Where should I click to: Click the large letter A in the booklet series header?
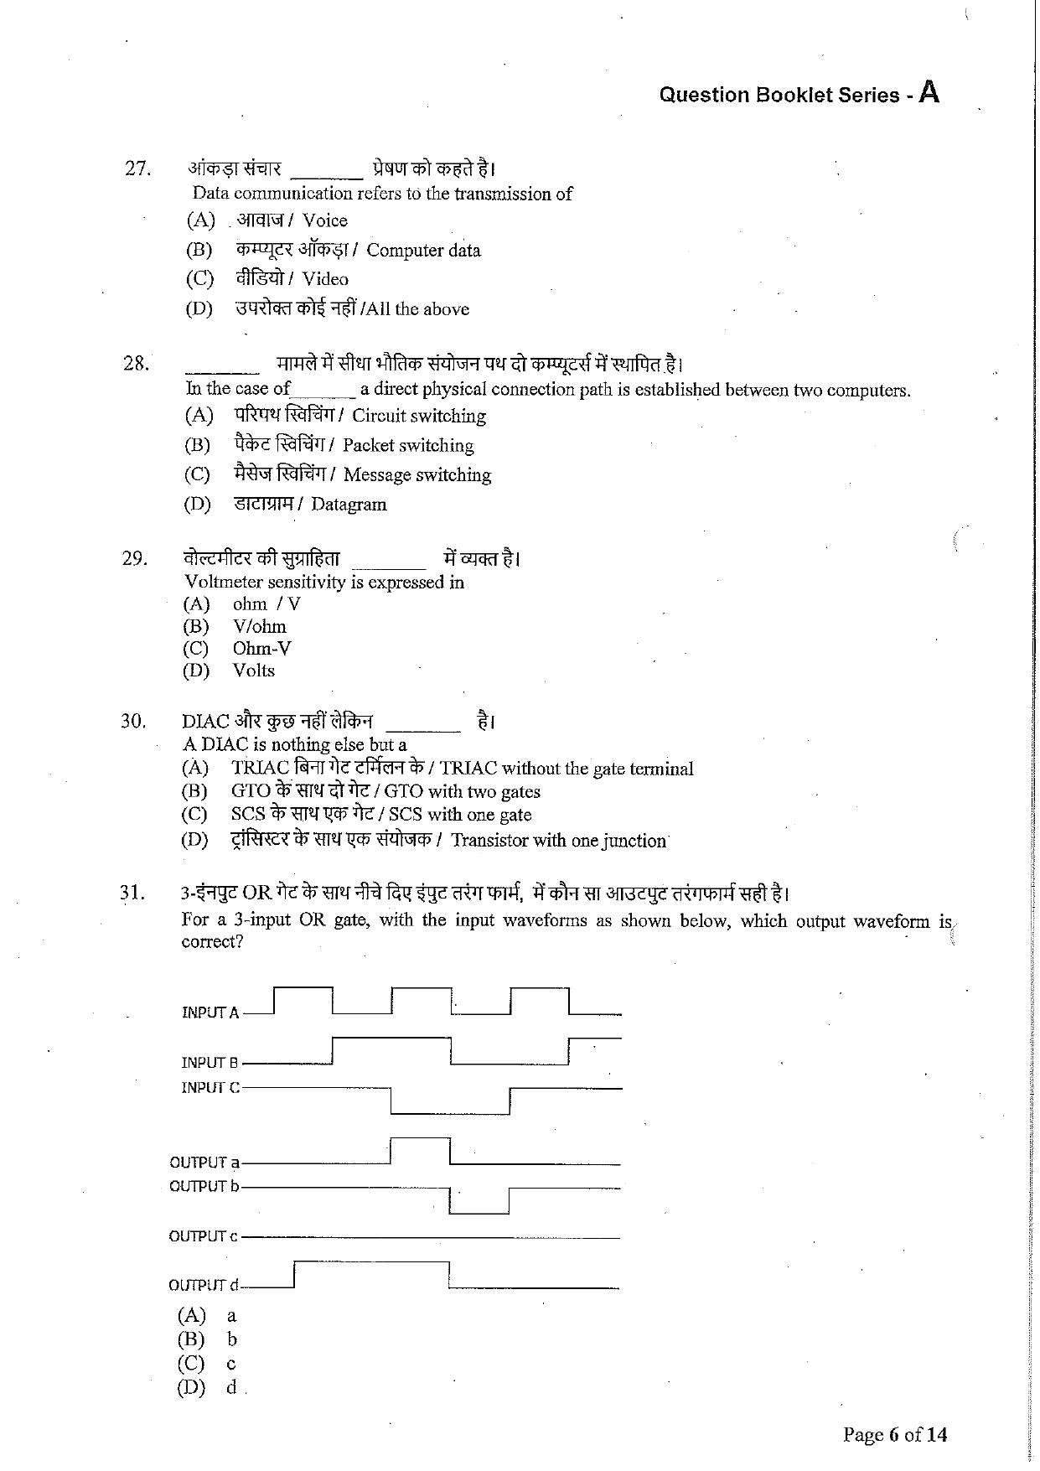(929, 91)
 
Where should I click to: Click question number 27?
(137, 168)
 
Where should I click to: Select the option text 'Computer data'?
(423, 250)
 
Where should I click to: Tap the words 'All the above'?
(417, 308)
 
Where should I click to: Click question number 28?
(136, 363)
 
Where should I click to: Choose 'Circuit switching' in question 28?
(418, 416)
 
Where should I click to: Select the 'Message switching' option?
(417, 475)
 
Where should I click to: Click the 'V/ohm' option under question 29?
(259, 626)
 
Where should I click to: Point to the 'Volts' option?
(253, 671)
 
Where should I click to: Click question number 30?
(133, 721)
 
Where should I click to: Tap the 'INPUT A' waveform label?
(210, 1013)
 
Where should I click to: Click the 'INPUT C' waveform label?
(210, 1088)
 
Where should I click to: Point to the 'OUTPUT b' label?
(204, 1186)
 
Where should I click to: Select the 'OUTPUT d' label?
(204, 1285)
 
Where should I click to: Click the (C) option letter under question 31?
(191, 1363)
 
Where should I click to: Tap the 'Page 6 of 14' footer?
(894, 1435)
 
